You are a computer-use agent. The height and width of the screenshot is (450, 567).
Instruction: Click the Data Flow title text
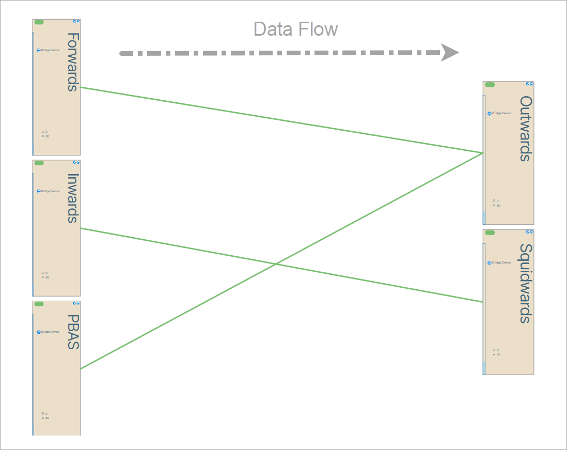295,29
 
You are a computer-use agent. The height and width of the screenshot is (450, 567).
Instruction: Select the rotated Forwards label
73,62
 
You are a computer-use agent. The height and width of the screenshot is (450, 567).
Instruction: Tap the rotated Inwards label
73,198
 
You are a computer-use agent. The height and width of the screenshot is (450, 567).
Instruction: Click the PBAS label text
73,332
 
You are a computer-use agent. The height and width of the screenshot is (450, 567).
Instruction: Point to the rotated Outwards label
526,129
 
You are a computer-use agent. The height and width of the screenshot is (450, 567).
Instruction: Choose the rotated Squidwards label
526,284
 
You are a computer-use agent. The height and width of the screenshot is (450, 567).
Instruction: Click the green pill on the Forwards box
39,22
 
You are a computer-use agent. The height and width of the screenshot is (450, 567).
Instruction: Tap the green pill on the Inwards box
39,163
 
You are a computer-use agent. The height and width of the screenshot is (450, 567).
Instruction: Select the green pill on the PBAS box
39,304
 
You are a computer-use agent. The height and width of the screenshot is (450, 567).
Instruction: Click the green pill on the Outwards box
490,85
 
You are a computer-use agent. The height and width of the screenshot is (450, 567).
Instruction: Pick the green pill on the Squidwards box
490,233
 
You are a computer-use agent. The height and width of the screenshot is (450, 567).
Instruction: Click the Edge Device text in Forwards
51,51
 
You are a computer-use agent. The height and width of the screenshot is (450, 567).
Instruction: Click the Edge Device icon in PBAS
39,332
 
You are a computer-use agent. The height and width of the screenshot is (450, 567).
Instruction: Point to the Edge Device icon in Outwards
490,114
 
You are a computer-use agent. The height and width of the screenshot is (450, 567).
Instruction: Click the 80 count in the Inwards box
47,277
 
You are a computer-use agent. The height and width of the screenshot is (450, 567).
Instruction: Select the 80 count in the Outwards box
498,206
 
